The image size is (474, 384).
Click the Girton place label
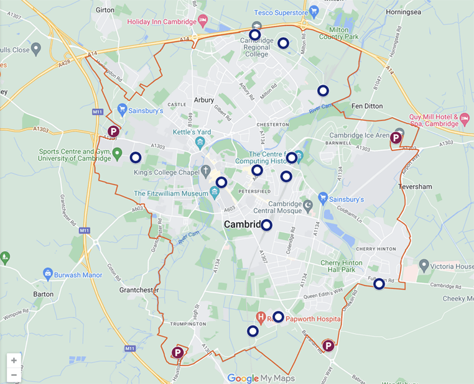(105, 11)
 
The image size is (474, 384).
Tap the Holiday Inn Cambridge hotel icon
(203, 22)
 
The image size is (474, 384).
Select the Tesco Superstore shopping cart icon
(314, 11)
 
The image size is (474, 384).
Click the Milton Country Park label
(339, 32)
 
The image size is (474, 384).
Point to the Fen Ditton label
(367, 106)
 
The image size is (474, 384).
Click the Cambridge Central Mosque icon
(307, 204)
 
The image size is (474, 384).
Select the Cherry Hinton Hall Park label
(342, 266)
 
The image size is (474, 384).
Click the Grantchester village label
(139, 290)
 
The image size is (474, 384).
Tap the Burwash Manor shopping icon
(47, 273)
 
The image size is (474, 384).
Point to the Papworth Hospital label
(314, 319)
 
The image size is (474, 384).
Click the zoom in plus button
(14, 360)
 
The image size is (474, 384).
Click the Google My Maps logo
(261, 378)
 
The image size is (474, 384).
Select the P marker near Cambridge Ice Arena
(396, 138)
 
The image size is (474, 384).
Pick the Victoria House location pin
(424, 267)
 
